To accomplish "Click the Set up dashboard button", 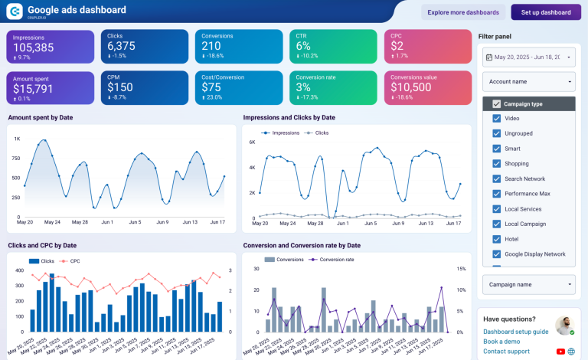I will point(546,12).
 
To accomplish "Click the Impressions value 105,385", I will point(33,47).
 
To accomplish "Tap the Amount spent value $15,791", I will point(33,89).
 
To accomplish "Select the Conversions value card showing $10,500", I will point(411,88).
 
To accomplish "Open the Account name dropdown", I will point(528,81).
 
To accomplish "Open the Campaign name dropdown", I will point(528,284).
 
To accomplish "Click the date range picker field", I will point(528,57).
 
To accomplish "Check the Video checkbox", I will point(497,119).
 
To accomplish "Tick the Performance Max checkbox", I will point(497,194).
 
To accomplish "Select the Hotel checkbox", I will point(497,239).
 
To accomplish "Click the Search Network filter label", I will point(524,178).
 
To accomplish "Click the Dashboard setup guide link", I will point(515,332).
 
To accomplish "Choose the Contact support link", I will point(506,352).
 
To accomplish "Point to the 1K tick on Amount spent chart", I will point(16,139).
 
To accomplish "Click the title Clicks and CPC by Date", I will point(42,245).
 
